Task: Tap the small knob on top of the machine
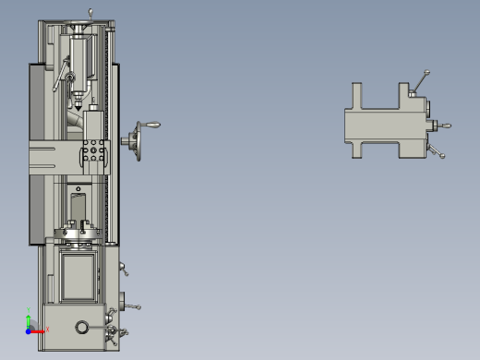(90, 11)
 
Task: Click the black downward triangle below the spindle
(79, 107)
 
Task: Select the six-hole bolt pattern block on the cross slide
(92, 152)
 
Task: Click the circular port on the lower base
(83, 328)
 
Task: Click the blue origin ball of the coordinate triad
(29, 329)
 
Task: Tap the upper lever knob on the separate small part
(426, 74)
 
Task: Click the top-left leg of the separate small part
(357, 93)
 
